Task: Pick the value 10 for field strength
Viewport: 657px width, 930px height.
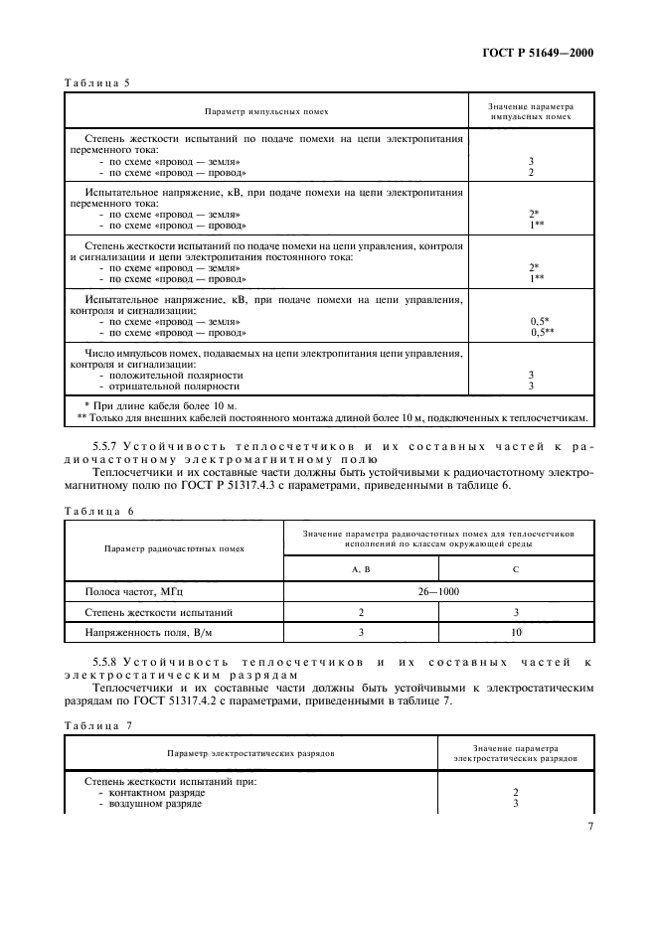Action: point(515,632)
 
